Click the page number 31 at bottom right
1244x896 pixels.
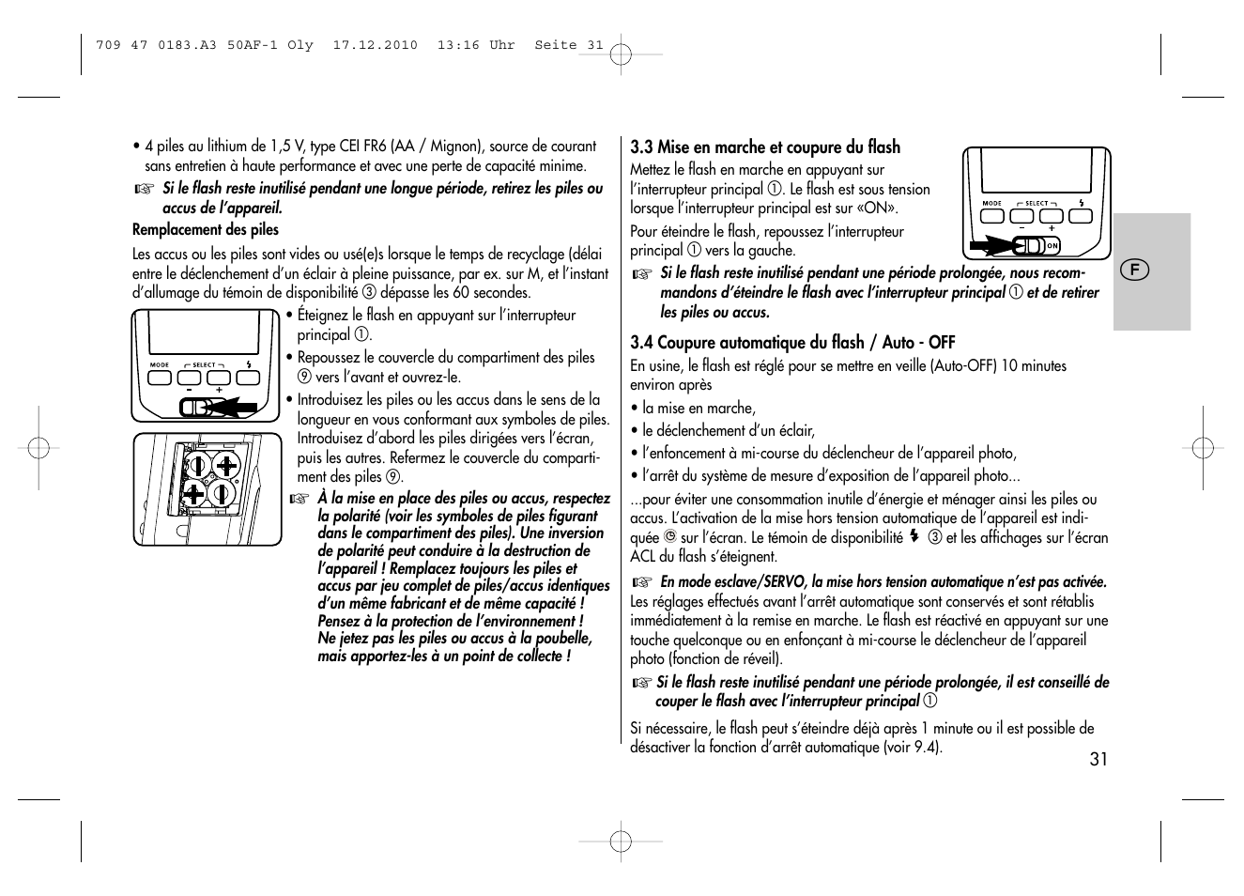1098,759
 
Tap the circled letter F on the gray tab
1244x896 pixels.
1134,270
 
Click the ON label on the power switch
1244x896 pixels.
1052,246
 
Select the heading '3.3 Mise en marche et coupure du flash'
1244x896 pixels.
764,147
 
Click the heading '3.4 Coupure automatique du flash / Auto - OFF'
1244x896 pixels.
791,343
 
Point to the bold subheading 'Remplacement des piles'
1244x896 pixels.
206,230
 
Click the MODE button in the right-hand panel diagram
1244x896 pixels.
992,215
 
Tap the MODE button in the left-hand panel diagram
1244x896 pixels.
160,378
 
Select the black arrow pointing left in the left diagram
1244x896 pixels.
235,408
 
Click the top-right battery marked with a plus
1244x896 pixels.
226,465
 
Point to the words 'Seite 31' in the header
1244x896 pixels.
569,45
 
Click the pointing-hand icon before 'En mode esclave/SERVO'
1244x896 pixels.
641,582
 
